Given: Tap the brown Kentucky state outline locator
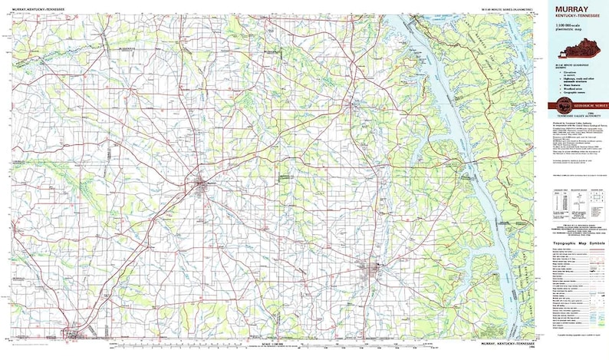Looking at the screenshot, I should tap(582, 54).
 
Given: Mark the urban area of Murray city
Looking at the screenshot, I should tap(376, 269).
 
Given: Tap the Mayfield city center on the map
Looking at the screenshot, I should tap(202, 183).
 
